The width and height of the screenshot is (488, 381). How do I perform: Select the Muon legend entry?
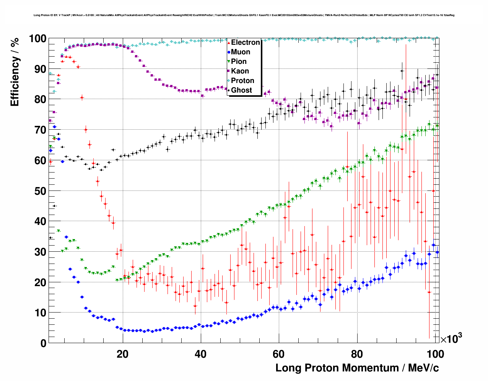(241, 52)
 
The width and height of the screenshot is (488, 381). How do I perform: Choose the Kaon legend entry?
(240, 71)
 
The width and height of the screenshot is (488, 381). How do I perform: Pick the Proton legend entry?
(242, 81)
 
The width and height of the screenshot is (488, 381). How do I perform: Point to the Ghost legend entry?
(241, 90)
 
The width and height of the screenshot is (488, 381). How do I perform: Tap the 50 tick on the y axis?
(40, 191)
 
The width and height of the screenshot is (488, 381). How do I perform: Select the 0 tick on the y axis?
(43, 344)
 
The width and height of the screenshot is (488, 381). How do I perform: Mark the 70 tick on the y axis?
(40, 130)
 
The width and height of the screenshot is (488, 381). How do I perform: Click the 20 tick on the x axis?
(122, 354)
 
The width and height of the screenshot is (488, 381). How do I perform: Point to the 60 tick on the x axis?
(279, 354)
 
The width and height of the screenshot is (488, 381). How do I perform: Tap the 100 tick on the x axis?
(435, 354)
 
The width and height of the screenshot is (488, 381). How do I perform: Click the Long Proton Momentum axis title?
(357, 368)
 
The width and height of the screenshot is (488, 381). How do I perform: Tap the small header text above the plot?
(244, 15)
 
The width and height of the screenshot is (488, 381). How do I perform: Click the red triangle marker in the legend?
(229, 42)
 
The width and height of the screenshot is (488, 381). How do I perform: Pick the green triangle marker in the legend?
(229, 62)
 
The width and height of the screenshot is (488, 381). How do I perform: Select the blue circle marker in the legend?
(229, 52)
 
